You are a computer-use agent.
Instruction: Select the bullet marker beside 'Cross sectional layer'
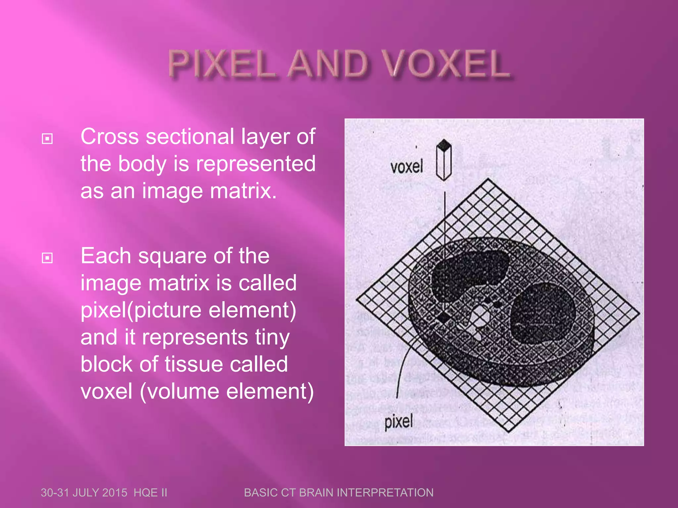47,139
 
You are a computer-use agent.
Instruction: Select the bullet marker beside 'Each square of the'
47,258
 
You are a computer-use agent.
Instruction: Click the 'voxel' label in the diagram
407,166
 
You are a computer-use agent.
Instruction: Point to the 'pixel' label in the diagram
399,422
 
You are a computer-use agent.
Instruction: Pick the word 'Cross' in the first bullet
110,137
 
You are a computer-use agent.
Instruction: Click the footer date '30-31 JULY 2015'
84,493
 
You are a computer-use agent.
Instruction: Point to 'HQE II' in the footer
150,493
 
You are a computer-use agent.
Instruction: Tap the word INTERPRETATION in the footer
391,493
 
